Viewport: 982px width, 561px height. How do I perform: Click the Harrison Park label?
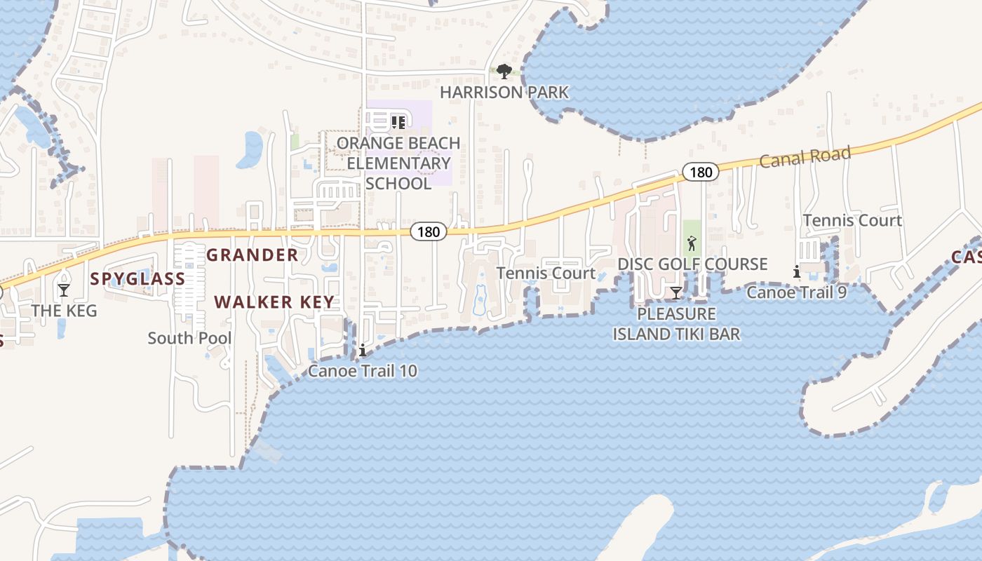(504, 92)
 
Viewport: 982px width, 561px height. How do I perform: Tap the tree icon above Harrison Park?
(503, 71)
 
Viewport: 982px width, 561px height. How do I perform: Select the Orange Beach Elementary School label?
(398, 163)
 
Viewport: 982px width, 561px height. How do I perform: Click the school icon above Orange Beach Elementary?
(398, 123)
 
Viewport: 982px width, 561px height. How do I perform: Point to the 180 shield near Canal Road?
(700, 172)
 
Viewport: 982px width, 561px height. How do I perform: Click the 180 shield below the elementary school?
(429, 232)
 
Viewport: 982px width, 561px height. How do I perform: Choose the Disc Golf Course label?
(692, 264)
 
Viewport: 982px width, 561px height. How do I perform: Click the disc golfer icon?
(692, 244)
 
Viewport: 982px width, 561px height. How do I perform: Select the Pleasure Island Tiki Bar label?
(676, 323)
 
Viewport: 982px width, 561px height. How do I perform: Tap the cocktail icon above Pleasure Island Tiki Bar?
(675, 292)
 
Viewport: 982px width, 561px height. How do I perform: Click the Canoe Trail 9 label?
(796, 292)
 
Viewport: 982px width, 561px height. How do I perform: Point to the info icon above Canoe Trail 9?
(797, 271)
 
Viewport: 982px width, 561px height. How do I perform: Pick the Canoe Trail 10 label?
(363, 371)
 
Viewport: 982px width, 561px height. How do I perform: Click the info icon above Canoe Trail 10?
(363, 351)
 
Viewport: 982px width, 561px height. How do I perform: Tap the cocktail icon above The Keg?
(64, 290)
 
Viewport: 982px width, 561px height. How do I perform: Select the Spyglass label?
(137, 278)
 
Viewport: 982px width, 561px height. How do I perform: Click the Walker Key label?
(274, 302)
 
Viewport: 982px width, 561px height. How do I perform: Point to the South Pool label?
(189, 338)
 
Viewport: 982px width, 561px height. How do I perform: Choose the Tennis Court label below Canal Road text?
(852, 220)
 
